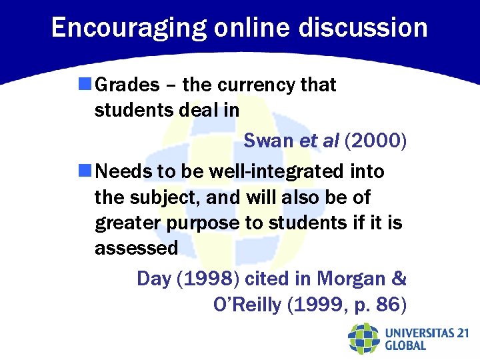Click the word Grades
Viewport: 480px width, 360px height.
127,85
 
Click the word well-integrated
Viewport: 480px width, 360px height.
277,172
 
